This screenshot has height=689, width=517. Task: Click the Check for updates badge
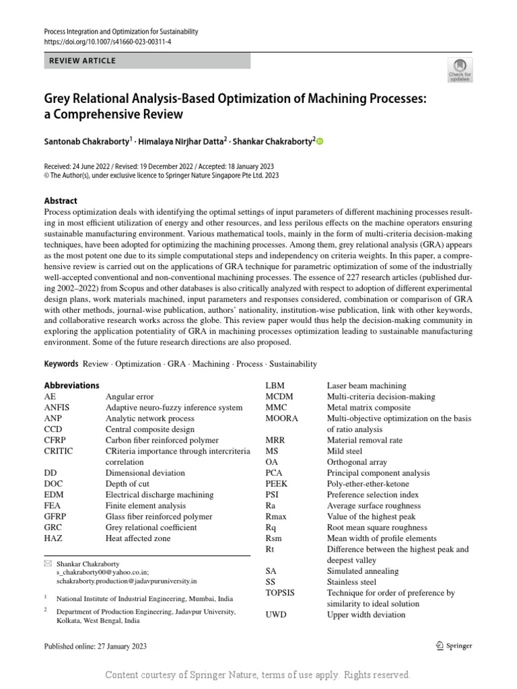coord(460,69)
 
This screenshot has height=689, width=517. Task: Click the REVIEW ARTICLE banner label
coord(83,61)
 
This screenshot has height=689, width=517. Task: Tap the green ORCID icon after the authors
coord(320,141)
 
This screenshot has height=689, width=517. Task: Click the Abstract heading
coord(61,201)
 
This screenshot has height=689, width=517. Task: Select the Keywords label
coord(61,364)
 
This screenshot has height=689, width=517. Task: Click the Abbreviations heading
coord(71,386)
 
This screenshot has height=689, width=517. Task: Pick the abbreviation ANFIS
coord(57,408)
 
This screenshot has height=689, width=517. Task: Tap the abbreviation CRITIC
coord(59,451)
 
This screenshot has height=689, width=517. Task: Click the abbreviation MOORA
coord(282,419)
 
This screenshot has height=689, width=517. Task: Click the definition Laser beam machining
coord(366,386)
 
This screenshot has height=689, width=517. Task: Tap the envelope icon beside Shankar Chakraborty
coord(47,563)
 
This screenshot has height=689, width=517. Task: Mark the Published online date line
coord(95,647)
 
